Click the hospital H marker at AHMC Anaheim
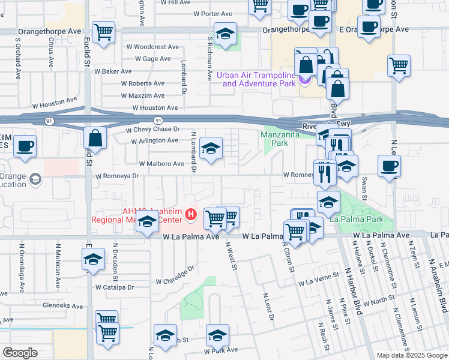191,214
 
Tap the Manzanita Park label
276,139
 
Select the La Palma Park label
364,220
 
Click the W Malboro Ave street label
161,163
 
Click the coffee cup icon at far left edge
25,146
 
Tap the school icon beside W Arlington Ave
211,148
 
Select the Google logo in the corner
20,353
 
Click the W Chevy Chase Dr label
152,129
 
